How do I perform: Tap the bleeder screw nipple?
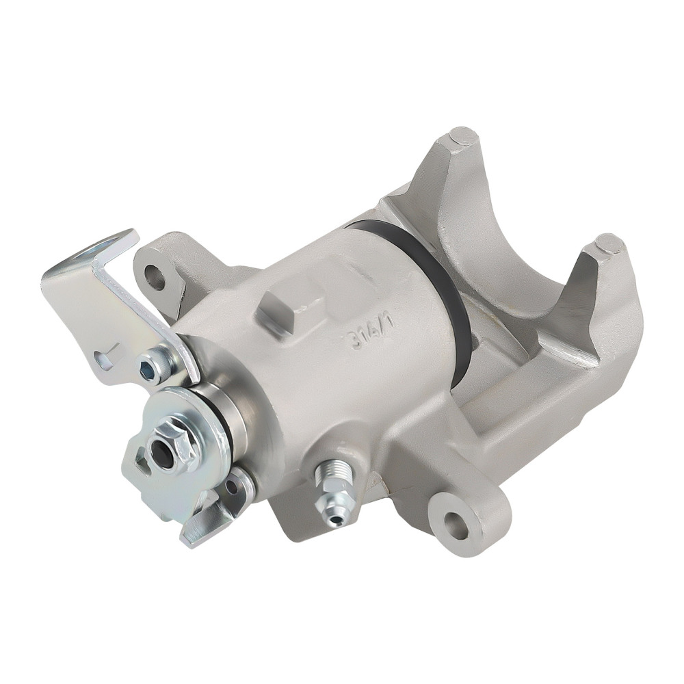(332, 517)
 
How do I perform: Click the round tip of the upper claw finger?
(462, 136)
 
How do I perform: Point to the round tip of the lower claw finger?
(607, 244)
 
